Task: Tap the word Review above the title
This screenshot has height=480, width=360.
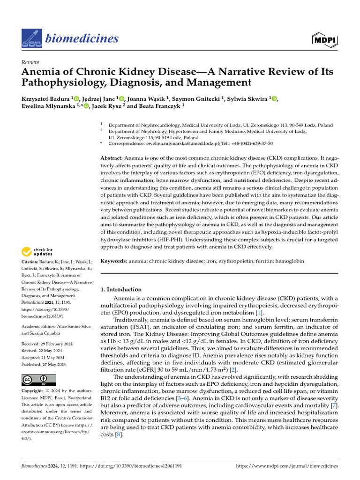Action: [30, 62]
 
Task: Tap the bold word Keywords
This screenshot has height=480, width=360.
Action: [114, 261]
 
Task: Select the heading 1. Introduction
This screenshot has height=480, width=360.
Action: [121, 289]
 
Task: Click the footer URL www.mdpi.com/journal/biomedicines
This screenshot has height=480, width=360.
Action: [286, 466]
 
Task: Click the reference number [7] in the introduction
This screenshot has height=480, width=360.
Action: [334, 405]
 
